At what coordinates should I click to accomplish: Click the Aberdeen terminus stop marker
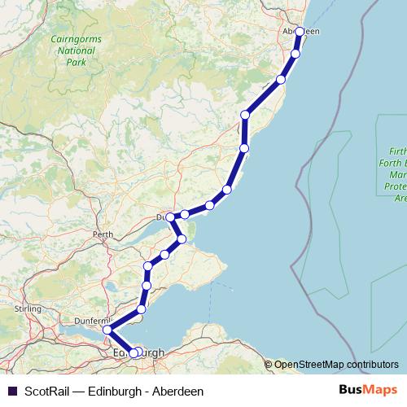pos(300,32)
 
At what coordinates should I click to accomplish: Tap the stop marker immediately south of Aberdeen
pos(295,54)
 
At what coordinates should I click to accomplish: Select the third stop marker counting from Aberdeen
pos(281,80)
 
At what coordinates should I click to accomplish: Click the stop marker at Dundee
pos(170,217)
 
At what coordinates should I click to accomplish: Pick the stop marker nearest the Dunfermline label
pos(107,330)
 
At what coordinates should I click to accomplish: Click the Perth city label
pos(103,234)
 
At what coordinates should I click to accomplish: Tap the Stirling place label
pos(28,309)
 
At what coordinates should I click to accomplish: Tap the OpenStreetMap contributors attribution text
pos(336,365)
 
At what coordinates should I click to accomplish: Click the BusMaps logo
pos(362,391)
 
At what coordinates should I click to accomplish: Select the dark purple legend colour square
pos(11,392)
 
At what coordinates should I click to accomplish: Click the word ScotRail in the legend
pos(46,392)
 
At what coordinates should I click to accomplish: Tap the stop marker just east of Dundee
pos(185,214)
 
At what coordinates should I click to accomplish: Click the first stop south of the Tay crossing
pos(182,239)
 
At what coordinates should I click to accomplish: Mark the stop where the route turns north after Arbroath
pos(244,148)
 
